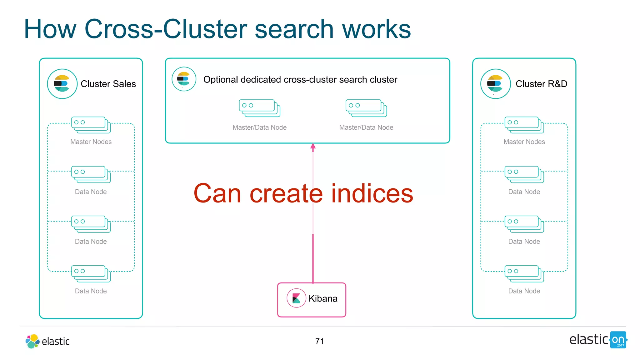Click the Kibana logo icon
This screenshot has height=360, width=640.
296,298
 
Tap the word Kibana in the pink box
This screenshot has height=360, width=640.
323,298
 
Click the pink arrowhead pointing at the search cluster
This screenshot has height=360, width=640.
313,147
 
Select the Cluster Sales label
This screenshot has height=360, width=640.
108,84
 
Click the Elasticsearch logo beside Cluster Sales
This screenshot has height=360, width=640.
62,84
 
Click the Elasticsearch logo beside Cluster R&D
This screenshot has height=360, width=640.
495,84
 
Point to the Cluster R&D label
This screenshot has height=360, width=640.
541,84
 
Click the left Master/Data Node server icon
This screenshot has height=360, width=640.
259,108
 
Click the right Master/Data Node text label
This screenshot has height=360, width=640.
366,127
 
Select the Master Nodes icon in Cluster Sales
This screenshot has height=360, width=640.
91,125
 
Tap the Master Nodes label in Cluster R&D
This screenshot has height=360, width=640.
524,142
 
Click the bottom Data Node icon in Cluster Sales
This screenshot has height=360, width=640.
91,273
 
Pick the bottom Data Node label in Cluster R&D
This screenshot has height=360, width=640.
524,291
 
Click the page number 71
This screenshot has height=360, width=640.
319,341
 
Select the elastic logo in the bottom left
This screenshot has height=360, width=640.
47,341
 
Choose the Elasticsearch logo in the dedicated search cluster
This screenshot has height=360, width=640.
184,79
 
